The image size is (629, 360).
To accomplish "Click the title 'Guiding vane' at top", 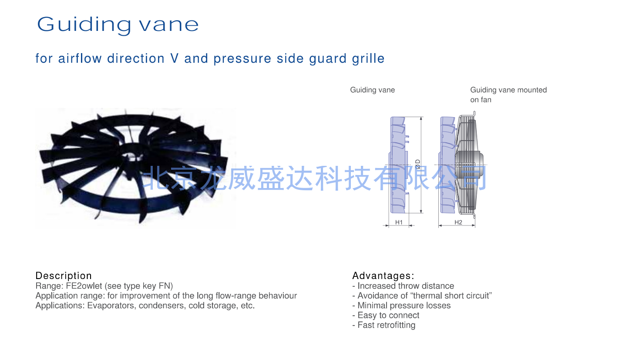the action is [x=118, y=25].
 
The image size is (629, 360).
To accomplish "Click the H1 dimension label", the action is [x=399, y=222].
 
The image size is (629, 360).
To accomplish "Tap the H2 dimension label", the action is [x=458, y=222].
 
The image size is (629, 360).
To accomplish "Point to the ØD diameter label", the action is [x=418, y=164].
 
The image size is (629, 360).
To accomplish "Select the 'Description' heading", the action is [x=64, y=276].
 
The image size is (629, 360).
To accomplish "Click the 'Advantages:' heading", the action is [x=383, y=276].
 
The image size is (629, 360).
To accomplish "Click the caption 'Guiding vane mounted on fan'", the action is [x=508, y=94].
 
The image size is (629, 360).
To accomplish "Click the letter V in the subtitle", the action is [x=175, y=58].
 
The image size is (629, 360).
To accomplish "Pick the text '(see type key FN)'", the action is [x=139, y=286].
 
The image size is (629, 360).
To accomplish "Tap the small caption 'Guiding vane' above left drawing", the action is [x=372, y=90].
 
